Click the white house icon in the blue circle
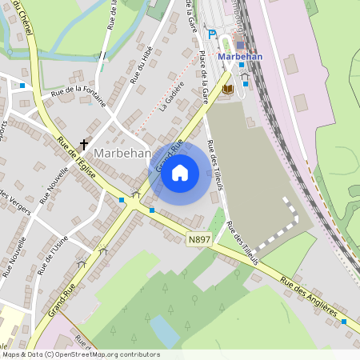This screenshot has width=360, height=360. (x=180, y=172)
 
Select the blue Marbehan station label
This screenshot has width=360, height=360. (x=240, y=57)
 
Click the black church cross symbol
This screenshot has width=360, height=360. (x=82, y=145)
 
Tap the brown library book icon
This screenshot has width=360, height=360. (x=228, y=88)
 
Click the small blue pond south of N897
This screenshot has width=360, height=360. (x=163, y=330)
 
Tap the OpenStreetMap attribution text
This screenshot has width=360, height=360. (x=80, y=354)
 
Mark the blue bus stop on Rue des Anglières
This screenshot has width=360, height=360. (x=344, y=321)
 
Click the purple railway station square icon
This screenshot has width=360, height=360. (x=241, y=45)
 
